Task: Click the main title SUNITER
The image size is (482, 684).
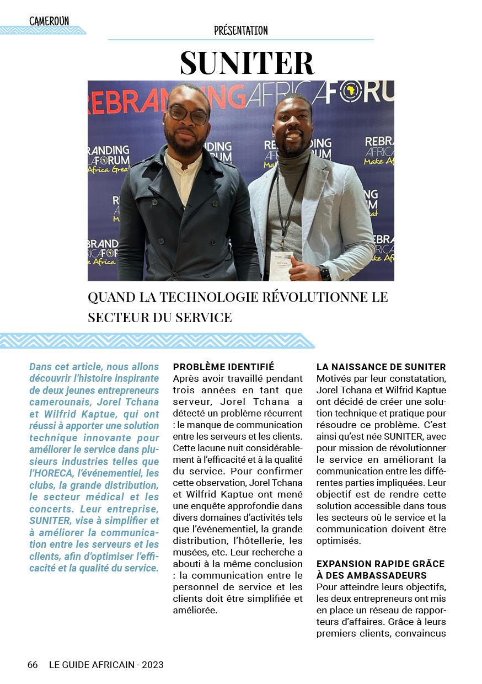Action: click(247, 63)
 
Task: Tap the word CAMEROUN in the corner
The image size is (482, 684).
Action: click(49, 22)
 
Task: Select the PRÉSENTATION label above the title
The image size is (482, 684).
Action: click(241, 31)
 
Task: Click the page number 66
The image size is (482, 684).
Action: click(33, 665)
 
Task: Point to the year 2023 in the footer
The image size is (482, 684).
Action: click(153, 665)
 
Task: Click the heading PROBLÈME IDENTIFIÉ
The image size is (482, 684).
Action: click(223, 367)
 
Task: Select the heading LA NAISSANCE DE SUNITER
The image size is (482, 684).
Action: click(381, 367)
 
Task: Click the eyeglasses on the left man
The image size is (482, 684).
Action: click(188, 115)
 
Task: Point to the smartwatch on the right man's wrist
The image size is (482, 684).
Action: click(324, 272)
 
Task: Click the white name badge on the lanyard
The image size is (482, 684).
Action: click(281, 258)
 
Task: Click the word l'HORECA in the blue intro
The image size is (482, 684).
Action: click(51, 473)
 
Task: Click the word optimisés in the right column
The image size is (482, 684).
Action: click(339, 541)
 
